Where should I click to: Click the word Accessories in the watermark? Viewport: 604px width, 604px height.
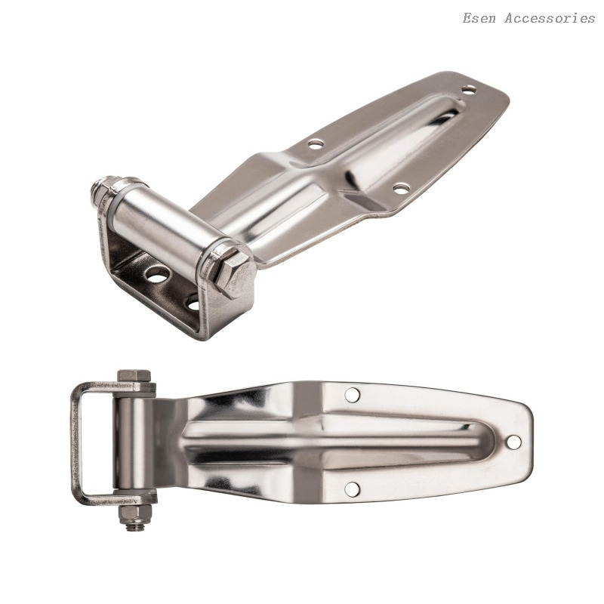pos(550,18)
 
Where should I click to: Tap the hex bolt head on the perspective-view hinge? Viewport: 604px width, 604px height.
pos(234,275)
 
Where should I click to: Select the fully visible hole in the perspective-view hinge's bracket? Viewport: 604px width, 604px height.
pos(158,275)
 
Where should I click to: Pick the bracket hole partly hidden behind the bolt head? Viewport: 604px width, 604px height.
pos(193,304)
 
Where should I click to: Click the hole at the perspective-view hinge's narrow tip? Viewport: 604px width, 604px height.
pos(469,90)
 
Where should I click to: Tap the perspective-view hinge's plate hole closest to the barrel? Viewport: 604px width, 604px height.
pos(316,144)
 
